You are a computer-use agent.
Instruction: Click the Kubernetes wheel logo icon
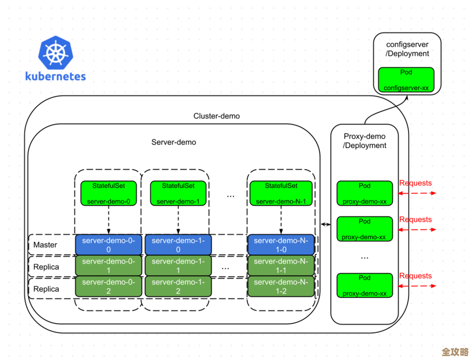click(x=55, y=54)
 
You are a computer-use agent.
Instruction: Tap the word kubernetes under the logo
click(x=55, y=77)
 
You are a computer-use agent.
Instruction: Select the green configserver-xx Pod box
click(x=406, y=80)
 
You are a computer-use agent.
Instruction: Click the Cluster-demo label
click(x=216, y=116)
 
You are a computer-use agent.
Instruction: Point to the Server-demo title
click(x=174, y=142)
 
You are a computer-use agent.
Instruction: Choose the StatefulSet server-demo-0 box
click(x=109, y=193)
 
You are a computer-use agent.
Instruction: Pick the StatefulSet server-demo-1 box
click(x=178, y=193)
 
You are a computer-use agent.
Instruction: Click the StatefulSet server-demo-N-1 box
click(x=280, y=193)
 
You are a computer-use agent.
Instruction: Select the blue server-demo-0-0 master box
click(x=109, y=245)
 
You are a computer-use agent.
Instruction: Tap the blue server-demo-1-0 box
click(x=178, y=245)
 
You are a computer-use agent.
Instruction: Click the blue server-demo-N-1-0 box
click(x=281, y=245)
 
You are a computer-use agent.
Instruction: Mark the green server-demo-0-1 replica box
click(x=109, y=265)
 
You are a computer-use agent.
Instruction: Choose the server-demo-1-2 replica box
click(x=178, y=286)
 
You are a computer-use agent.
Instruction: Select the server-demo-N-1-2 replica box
click(x=281, y=286)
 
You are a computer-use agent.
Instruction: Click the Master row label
click(x=45, y=245)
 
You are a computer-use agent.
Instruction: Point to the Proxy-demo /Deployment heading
click(x=365, y=141)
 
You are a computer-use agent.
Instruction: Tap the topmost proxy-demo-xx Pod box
click(x=365, y=193)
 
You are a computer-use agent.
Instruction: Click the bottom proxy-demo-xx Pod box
click(x=365, y=285)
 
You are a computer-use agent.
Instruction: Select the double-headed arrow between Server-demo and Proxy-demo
click(x=325, y=224)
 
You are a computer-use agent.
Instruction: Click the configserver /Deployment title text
click(x=407, y=49)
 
